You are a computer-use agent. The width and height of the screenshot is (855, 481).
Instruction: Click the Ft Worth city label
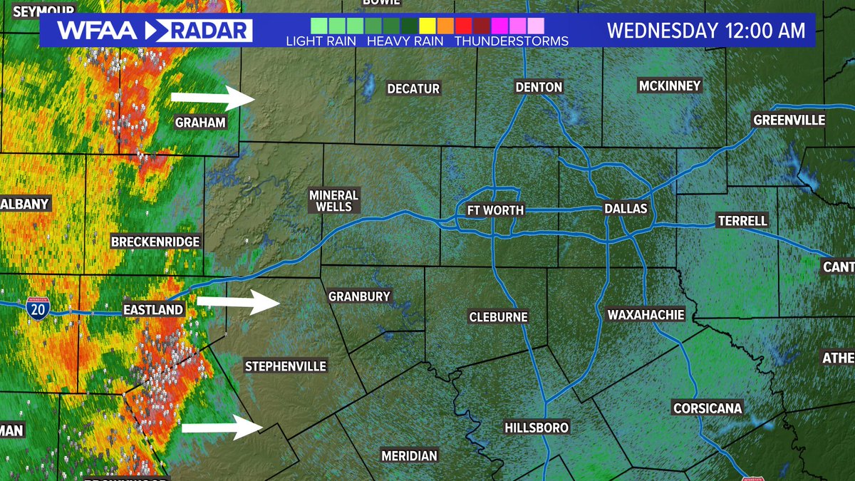pyautogui.click(x=495, y=210)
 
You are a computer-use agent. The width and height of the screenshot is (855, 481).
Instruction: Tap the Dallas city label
pyautogui.click(x=626, y=209)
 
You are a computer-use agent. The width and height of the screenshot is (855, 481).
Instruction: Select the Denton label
pyautogui.click(x=539, y=87)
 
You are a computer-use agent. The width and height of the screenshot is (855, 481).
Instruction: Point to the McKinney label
pyautogui.click(x=670, y=86)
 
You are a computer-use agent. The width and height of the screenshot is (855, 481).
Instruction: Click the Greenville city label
pyautogui.click(x=789, y=120)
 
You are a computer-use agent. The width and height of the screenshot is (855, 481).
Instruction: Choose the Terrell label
pyautogui.click(x=742, y=221)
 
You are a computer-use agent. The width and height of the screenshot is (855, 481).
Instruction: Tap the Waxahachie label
pyautogui.click(x=646, y=314)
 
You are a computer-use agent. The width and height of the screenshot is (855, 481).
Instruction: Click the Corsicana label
pyautogui.click(x=708, y=408)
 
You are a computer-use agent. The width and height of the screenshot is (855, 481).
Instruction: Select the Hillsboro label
pyautogui.click(x=537, y=428)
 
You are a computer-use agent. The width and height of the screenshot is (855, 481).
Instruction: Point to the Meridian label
pyautogui.click(x=409, y=455)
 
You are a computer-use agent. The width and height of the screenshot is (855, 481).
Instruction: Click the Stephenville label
pyautogui.click(x=285, y=366)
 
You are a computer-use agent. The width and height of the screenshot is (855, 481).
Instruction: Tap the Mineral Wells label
pyautogui.click(x=333, y=200)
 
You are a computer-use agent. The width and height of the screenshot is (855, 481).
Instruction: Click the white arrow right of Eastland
pyautogui.click(x=238, y=302)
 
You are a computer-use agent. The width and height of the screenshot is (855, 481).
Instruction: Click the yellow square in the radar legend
pyautogui.click(x=427, y=26)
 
